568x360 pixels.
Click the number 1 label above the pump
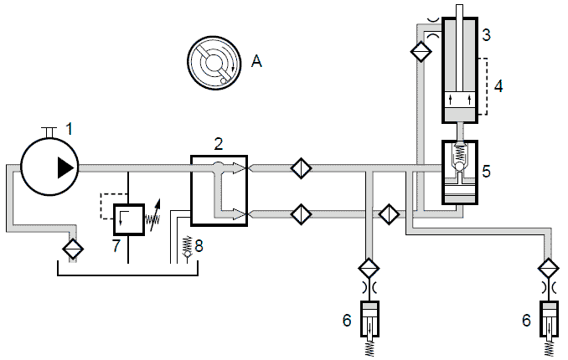(70, 129)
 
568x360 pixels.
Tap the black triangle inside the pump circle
(65, 167)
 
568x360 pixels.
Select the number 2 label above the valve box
(219, 144)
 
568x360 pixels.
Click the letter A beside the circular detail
(256, 61)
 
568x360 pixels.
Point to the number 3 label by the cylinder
(487, 35)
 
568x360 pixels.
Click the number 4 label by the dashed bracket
(498, 86)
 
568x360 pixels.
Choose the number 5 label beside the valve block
(487, 172)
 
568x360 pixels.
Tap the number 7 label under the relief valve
(116, 245)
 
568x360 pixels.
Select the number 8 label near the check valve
(199, 246)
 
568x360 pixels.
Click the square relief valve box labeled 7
(129, 219)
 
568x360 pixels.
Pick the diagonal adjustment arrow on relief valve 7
(155, 215)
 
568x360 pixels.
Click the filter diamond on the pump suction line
(73, 249)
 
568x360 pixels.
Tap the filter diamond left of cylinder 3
(421, 51)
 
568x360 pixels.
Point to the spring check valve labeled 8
(188, 247)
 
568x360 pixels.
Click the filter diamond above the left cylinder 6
(369, 269)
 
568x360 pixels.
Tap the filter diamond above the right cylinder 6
(550, 269)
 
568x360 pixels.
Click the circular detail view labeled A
(214, 63)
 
